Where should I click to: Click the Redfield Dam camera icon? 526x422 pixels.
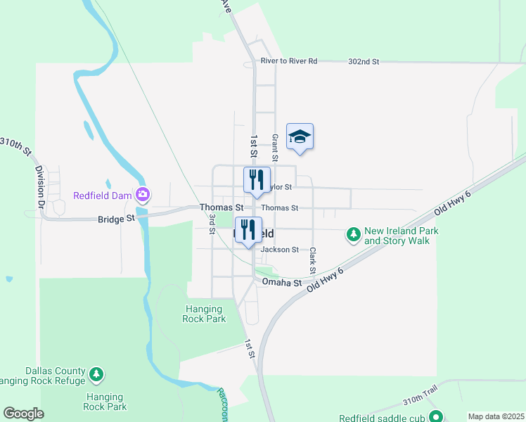coord(143,194)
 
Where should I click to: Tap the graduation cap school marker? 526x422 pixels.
coord(300,137)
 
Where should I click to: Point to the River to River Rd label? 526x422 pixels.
coord(288,61)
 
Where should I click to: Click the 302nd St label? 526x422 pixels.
coord(363,62)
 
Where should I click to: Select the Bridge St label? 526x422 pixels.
coord(116,219)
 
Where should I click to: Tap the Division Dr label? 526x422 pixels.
coord(40,181)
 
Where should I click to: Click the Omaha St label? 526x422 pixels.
coord(281,282)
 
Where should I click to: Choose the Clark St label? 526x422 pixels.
coord(312,260)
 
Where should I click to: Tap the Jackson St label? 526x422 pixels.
coord(280,250)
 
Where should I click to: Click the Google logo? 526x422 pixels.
coord(23,414)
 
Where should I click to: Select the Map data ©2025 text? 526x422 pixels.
coord(496,416)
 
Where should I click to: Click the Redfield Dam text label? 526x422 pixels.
coord(104,195)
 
